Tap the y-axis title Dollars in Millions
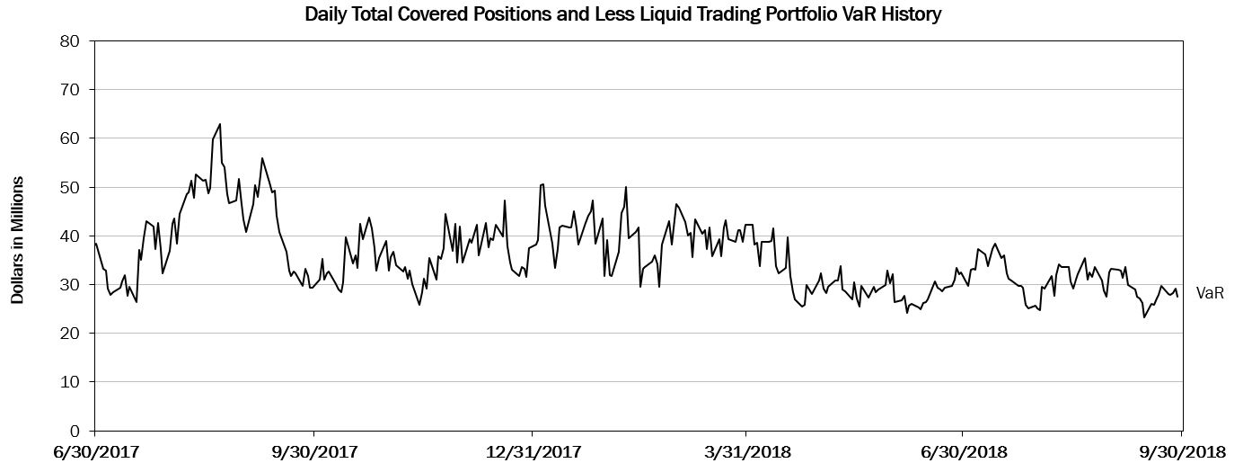click(x=17, y=240)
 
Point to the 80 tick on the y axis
click(x=69, y=41)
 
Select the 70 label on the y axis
click(x=69, y=90)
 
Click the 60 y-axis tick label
click(x=69, y=138)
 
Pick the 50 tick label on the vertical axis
click(x=69, y=187)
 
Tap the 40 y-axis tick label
click(x=69, y=236)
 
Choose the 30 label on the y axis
click(x=69, y=284)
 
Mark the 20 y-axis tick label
click(x=69, y=334)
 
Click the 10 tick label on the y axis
click(x=69, y=382)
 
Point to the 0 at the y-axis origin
click(x=75, y=431)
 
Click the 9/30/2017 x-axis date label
click(x=313, y=451)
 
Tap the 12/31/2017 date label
click(x=532, y=451)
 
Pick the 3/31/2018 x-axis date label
click(x=746, y=451)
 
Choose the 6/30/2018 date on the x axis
click(x=964, y=451)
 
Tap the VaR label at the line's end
click(x=1210, y=293)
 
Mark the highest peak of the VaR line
click(x=220, y=124)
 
